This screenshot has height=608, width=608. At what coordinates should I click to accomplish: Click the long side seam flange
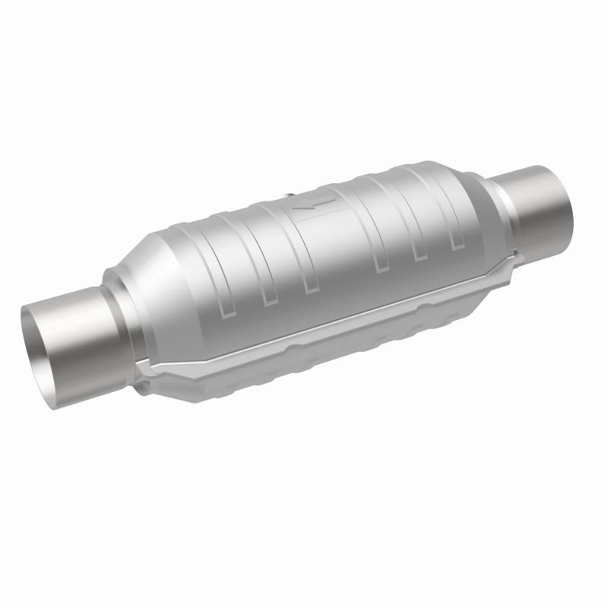(327, 320)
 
